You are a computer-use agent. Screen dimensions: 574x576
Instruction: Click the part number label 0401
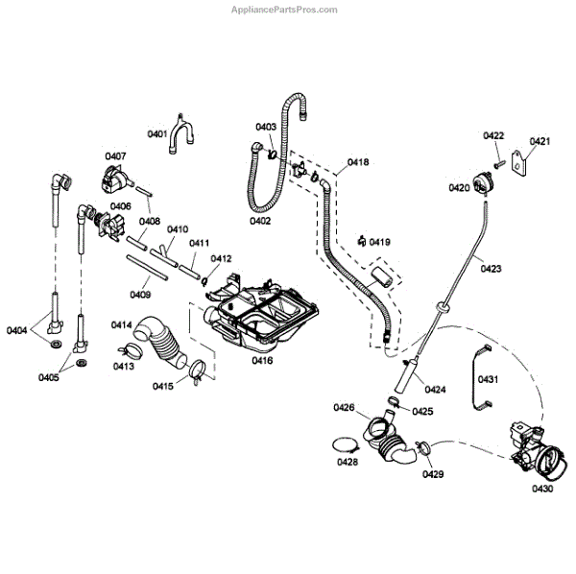[x=156, y=133]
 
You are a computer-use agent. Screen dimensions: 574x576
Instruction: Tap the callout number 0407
[x=115, y=155]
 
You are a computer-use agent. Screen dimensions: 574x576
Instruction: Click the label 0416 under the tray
[x=262, y=360]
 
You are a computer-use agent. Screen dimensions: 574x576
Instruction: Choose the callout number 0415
[x=163, y=386]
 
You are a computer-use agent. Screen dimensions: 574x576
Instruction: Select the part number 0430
[x=542, y=490]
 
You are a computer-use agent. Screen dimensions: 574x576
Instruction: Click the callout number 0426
[x=345, y=408]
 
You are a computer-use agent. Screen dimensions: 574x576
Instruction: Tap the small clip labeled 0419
[x=360, y=240]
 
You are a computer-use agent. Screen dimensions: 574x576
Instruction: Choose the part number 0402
[x=258, y=221]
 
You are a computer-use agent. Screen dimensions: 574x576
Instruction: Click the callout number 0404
[x=17, y=330]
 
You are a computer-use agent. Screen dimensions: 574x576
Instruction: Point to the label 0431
[x=489, y=379]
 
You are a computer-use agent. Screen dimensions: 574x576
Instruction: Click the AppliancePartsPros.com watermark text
[x=285, y=10]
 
